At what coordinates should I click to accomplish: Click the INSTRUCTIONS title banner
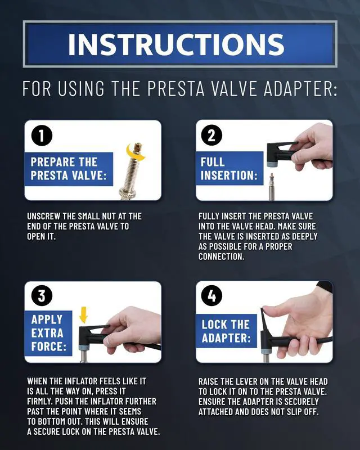pyautogui.click(x=180, y=44)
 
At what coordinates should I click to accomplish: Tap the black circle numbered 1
pyautogui.click(x=42, y=136)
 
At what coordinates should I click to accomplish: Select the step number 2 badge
pyautogui.click(x=212, y=135)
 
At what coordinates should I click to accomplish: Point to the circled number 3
pyautogui.click(x=42, y=296)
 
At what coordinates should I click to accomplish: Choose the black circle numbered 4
pyautogui.click(x=212, y=296)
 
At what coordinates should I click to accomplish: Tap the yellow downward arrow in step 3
pyautogui.click(x=84, y=315)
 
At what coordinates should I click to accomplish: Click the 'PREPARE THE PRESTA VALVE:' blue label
pyautogui.click(x=69, y=169)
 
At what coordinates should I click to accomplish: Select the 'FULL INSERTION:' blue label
pyautogui.click(x=229, y=168)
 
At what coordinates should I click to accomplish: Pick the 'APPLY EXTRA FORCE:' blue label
pyautogui.click(x=48, y=333)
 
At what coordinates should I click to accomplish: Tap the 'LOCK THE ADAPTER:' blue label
pyautogui.click(x=226, y=331)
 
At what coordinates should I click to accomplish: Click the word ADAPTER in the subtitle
pyautogui.click(x=300, y=89)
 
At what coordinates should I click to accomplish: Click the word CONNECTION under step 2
pyautogui.click(x=221, y=256)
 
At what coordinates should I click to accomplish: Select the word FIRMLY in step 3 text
pyautogui.click(x=40, y=401)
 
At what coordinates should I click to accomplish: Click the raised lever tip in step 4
pyautogui.click(x=263, y=310)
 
